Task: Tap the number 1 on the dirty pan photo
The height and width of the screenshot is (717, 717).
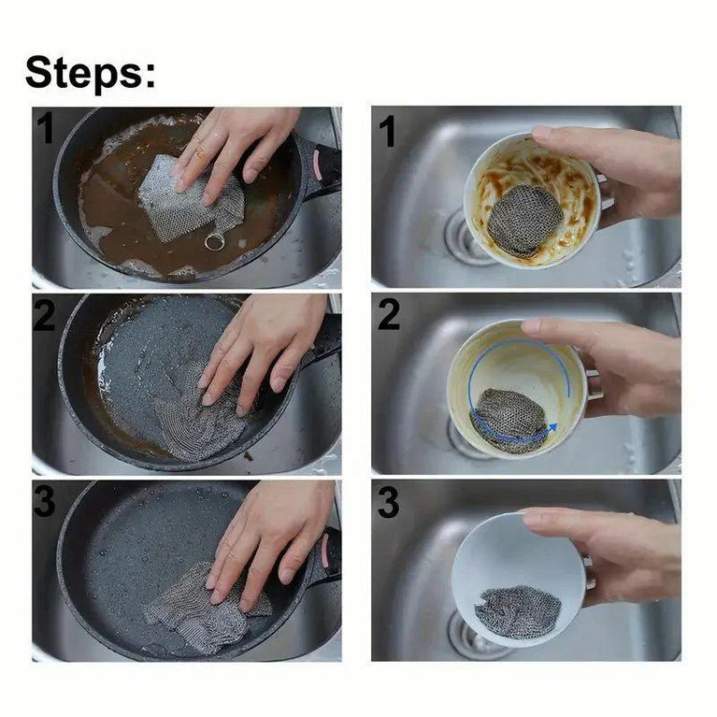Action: tap(45, 128)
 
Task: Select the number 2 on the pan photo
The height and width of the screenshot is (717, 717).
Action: tap(44, 315)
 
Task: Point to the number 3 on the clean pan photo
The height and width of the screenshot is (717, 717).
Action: tap(44, 501)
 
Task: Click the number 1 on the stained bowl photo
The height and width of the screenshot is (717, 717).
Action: tap(386, 131)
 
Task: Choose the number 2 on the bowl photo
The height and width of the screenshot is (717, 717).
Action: tap(388, 315)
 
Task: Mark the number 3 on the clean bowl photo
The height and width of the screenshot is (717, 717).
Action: tap(389, 502)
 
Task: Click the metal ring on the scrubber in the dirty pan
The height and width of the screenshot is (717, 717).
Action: tap(214, 242)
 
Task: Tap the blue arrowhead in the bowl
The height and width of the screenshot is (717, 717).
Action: tap(552, 427)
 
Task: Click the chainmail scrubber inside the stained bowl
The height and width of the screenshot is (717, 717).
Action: tap(524, 220)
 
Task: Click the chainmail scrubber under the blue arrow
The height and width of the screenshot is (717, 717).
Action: tap(509, 420)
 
